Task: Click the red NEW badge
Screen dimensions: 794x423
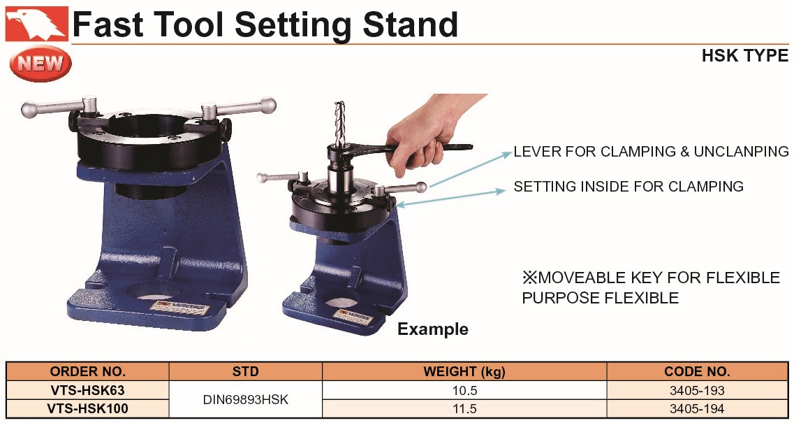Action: pyautogui.click(x=41, y=64)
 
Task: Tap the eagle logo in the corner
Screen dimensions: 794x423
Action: pyautogui.click(x=36, y=23)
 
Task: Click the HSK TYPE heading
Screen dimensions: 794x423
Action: pyautogui.click(x=745, y=55)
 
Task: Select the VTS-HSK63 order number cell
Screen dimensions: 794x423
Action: pyautogui.click(x=87, y=391)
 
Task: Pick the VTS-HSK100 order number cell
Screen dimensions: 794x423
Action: pyautogui.click(x=87, y=408)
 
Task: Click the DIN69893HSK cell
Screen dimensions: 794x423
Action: pyautogui.click(x=246, y=400)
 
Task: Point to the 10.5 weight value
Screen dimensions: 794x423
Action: pyautogui.click(x=465, y=391)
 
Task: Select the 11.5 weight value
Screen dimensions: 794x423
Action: pyautogui.click(x=465, y=408)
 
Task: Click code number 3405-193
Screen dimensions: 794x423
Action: pyautogui.click(x=698, y=391)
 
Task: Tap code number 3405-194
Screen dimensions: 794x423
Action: pyautogui.click(x=698, y=408)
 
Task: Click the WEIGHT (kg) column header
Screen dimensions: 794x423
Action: pyautogui.click(x=465, y=372)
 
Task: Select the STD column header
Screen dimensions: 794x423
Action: pyautogui.click(x=246, y=372)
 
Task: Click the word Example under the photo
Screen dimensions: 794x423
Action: pyautogui.click(x=433, y=329)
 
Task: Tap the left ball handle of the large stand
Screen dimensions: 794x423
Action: pyautogui.click(x=29, y=110)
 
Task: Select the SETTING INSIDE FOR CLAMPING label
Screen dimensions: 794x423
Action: pyautogui.click(x=628, y=187)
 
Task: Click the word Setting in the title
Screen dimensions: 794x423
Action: pyautogui.click(x=295, y=25)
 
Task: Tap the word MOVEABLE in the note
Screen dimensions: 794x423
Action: pyautogui.click(x=582, y=278)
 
